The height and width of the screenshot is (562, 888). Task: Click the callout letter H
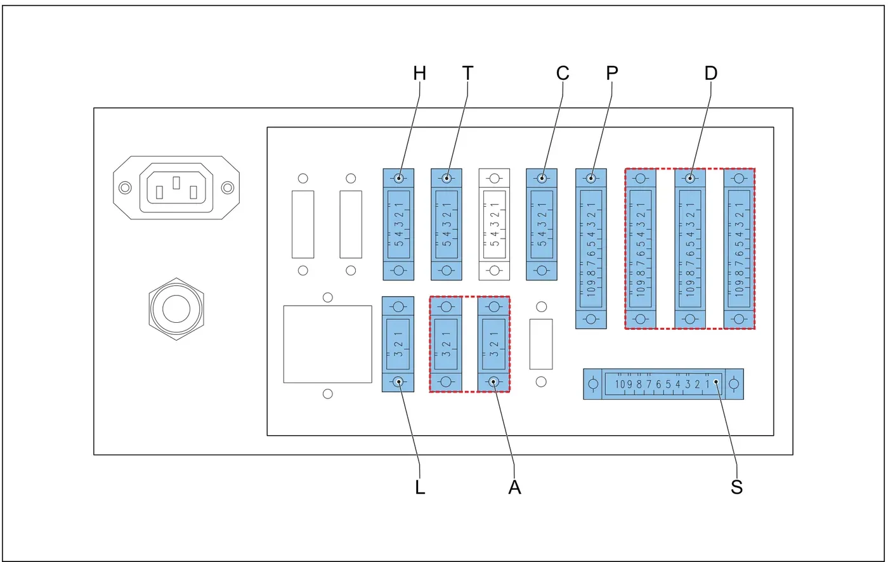[419, 74]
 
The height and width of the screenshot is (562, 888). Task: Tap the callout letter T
[468, 74]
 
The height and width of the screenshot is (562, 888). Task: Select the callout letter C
[563, 74]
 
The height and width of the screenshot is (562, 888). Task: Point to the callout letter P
[612, 74]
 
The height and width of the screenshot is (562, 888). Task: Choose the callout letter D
[711, 74]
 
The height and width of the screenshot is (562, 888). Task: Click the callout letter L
[420, 487]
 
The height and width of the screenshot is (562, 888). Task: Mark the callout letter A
[514, 487]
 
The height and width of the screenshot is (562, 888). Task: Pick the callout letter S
[736, 487]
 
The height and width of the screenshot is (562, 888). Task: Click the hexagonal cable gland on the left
[176, 309]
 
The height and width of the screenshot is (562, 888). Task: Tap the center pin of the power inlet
[176, 183]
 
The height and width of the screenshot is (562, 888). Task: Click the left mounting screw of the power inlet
[126, 188]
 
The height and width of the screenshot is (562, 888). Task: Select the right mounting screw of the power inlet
[228, 188]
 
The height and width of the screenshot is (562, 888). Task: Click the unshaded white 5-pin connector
[494, 225]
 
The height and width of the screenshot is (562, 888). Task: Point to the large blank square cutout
[328, 344]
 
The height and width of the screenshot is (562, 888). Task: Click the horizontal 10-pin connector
[663, 384]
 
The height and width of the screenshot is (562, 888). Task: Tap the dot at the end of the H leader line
[399, 178]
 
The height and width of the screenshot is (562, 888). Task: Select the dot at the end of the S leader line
[716, 382]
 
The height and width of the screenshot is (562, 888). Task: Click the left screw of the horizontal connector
[593, 384]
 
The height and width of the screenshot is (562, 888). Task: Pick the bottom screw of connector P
[591, 319]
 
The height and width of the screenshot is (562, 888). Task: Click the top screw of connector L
[398, 306]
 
